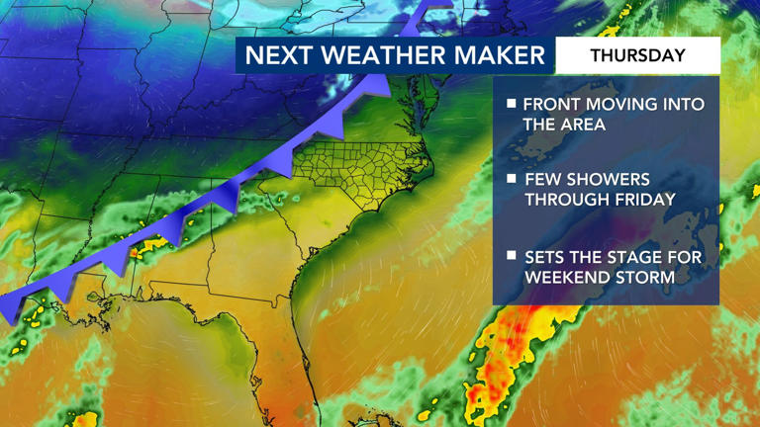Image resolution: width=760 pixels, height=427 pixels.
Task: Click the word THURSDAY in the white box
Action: [637, 55]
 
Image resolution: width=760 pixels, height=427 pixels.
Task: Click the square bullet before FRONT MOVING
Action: [511, 103]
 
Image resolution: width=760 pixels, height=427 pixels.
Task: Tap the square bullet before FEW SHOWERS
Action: [511, 179]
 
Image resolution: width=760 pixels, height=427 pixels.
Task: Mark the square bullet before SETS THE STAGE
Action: [511, 256]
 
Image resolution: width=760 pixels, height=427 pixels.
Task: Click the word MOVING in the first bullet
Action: [627, 104]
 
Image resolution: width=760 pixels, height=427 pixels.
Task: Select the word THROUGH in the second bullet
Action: [561, 200]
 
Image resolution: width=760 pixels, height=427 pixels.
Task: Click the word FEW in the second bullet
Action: [543, 179]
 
